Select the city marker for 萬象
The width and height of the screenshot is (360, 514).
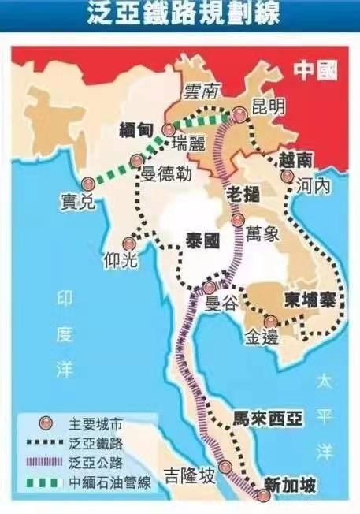238,221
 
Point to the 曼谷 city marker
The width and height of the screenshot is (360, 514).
209,287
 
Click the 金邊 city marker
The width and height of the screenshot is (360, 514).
270,321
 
